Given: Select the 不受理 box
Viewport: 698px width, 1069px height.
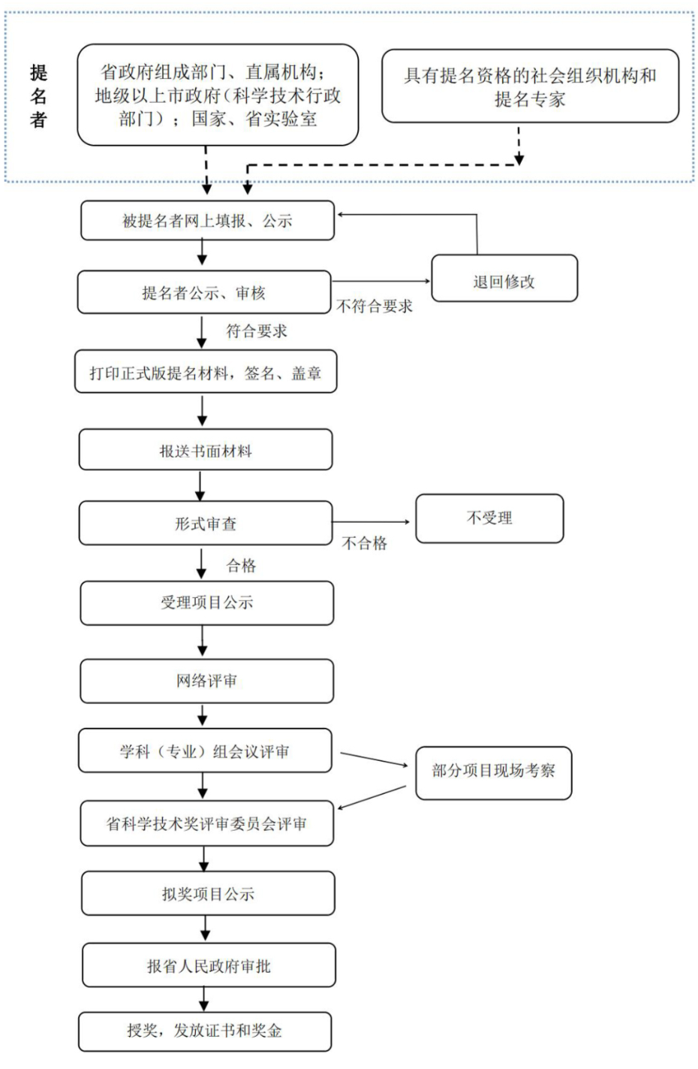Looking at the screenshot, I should [489, 518].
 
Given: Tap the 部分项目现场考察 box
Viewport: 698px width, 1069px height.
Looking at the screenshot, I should [493, 772].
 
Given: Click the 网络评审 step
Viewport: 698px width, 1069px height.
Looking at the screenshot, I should [207, 681].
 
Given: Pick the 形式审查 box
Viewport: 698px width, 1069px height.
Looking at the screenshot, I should [206, 523].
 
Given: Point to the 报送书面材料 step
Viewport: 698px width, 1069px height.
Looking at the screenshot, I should [206, 450].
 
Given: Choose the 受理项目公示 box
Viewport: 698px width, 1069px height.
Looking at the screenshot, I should [207, 602].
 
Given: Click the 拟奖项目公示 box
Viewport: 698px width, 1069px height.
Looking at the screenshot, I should [208, 893].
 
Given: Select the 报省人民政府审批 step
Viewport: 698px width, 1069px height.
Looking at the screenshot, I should [209, 965].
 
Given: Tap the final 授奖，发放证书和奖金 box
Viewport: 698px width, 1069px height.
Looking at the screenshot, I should [205, 1031].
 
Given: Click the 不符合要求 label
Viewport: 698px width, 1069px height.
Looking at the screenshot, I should [375, 307].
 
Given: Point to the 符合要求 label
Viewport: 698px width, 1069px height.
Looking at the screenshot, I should [257, 331].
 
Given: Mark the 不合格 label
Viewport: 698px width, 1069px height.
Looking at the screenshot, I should [365, 543].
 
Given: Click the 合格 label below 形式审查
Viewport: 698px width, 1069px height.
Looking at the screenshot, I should [242, 566].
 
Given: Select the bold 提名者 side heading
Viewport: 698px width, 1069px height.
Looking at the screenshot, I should [39, 96].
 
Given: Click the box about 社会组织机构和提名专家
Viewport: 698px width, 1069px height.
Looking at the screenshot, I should [530, 86].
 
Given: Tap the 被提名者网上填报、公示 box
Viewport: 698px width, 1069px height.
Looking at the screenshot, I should [207, 221].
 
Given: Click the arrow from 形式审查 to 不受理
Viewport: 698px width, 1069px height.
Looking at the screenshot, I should [372, 521].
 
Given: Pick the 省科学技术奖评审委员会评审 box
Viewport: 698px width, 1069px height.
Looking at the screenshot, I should [207, 824].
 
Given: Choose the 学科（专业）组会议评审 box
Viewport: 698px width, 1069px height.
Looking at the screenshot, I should [205, 751].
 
